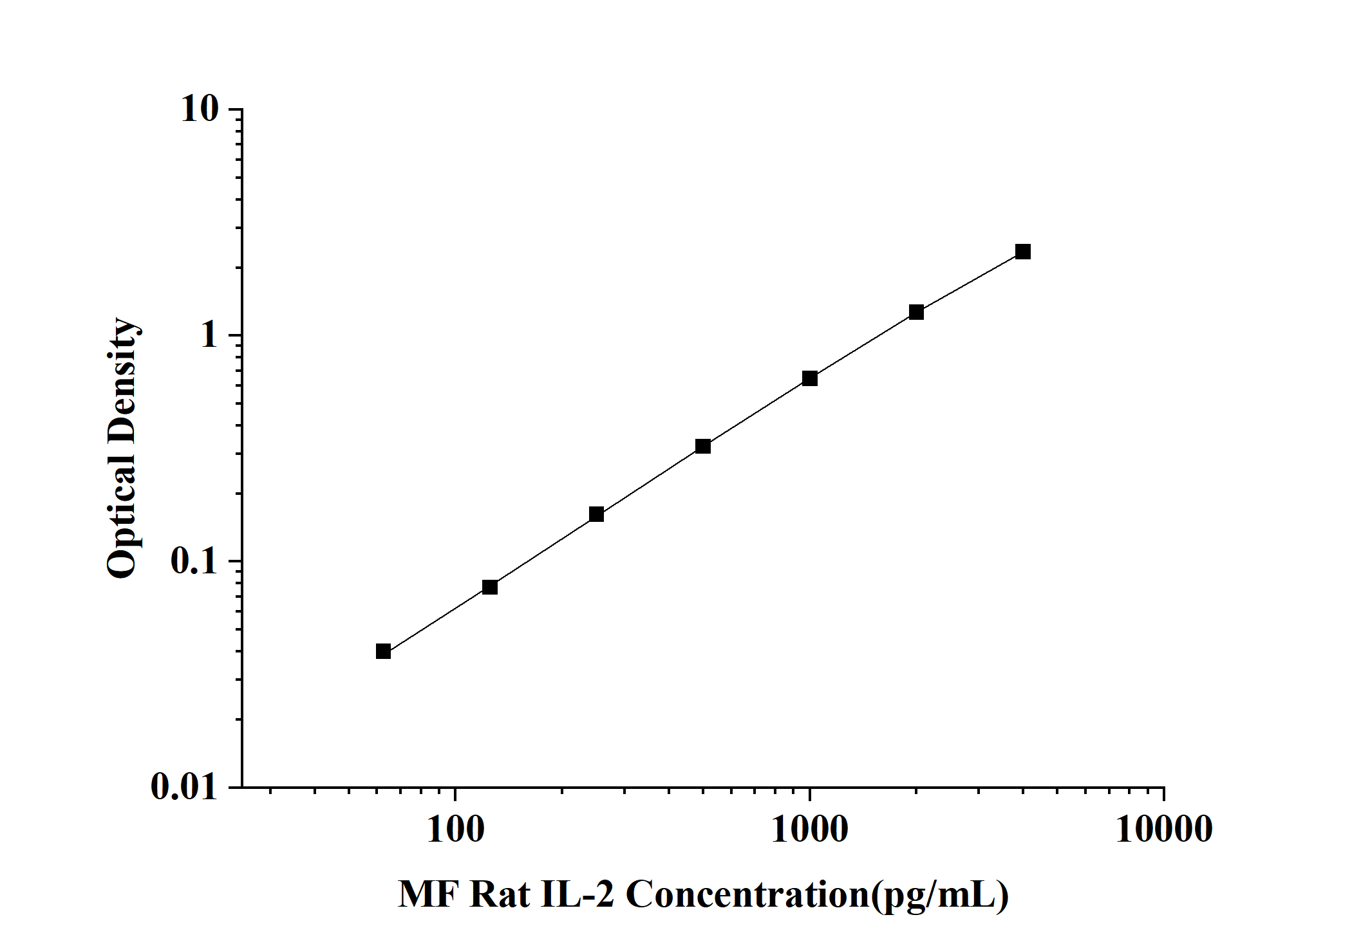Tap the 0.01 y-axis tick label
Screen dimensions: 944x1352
(185, 786)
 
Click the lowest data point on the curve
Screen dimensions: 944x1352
(383, 651)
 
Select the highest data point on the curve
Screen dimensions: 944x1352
(1022, 252)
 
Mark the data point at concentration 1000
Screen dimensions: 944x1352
(810, 378)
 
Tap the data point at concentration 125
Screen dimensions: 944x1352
(489, 587)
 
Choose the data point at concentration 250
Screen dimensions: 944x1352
(596, 514)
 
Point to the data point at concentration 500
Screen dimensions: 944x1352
(703, 446)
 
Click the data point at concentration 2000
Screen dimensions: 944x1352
(916, 312)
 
